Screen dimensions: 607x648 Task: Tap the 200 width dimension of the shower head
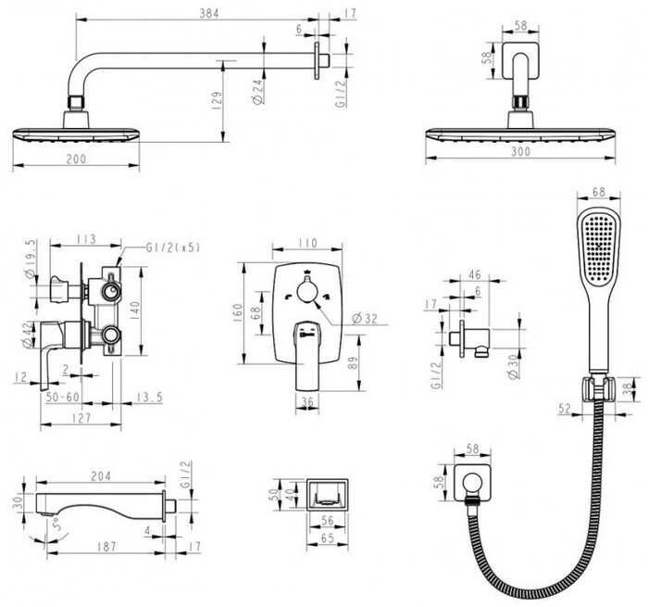(76, 159)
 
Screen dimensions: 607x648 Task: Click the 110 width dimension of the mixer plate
(308, 244)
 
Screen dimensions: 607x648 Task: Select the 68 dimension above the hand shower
(597, 192)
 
